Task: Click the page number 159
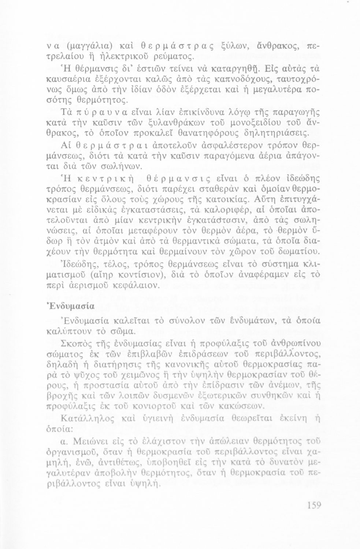click(x=314, y=506)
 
